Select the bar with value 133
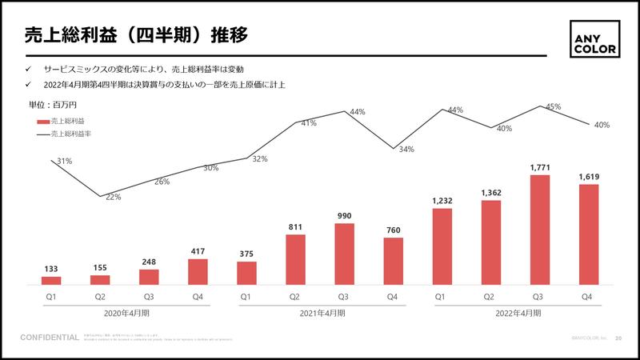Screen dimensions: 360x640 tap(51, 281)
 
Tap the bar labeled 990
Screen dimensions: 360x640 tap(345, 254)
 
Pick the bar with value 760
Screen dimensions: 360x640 tap(394, 262)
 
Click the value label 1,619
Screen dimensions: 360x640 tap(589, 177)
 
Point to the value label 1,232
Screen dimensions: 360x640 tap(442, 201)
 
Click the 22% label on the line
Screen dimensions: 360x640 tap(113, 197)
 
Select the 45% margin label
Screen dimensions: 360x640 tap(553, 106)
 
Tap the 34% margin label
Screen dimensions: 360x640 tap(406, 150)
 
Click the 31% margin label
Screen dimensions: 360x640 tap(64, 161)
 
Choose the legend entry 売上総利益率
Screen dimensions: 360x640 tap(70, 134)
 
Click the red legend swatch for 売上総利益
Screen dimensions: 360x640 tap(42, 122)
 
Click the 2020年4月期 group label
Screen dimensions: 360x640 tap(125, 314)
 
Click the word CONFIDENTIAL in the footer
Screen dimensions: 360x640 tap(50, 338)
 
